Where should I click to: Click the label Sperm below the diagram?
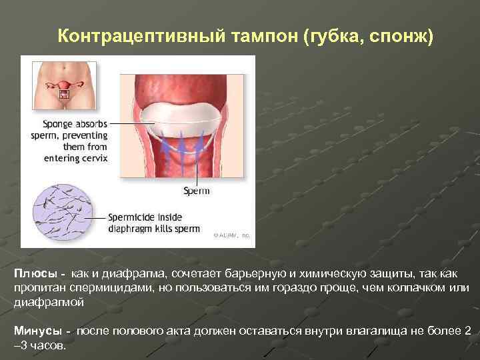197,191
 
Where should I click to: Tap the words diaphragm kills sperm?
153,229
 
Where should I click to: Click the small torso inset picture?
65,85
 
